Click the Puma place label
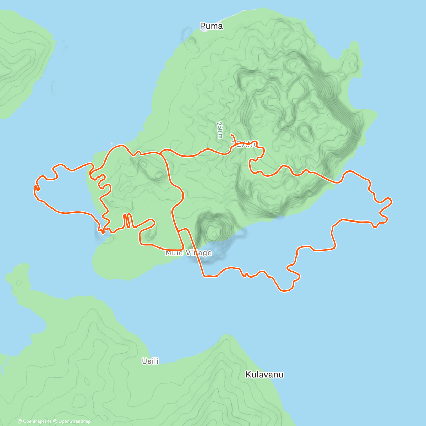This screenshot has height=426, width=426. [211, 26]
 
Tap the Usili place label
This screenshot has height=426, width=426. [150, 361]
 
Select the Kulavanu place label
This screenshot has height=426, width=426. [264, 375]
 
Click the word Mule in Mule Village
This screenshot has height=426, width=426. [174, 253]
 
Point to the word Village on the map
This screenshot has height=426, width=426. [200, 253]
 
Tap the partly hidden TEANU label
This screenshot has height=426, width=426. [245, 144]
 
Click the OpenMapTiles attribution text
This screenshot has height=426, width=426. [35, 421]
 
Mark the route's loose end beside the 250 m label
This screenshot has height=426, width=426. [231, 135]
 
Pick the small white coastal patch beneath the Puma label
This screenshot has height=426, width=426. [205, 31]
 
